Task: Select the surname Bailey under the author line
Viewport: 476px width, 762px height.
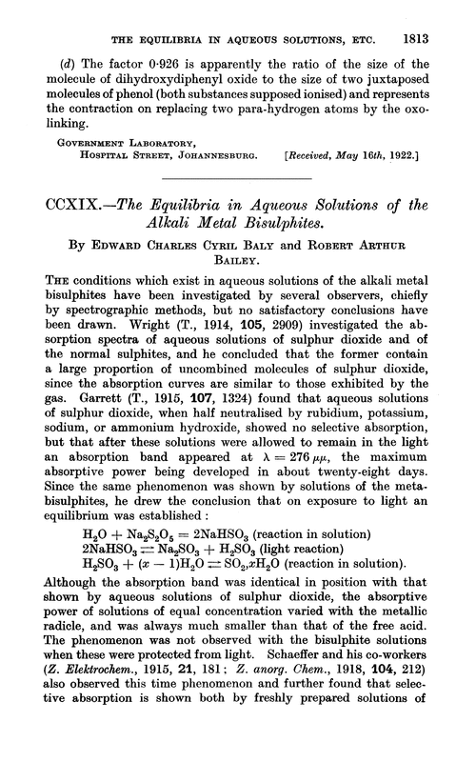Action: pyautogui.click(x=237, y=274)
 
